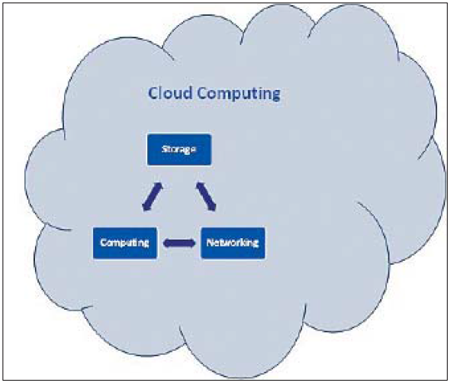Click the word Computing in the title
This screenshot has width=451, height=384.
[239, 94]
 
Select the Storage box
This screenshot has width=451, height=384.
[179, 149]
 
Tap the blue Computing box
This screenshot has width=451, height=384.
[125, 243]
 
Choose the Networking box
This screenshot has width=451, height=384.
[233, 243]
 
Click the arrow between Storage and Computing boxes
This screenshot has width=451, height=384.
[153, 197]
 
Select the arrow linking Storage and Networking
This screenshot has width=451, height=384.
[206, 197]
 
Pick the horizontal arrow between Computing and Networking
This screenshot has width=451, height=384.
[179, 243]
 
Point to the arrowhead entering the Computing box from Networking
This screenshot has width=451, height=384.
[166, 243]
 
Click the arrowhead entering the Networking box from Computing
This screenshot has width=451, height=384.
[192, 243]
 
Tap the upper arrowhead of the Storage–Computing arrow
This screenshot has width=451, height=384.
[159, 187]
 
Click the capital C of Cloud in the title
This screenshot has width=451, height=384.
[152, 93]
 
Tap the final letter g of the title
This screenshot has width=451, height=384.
[276, 96]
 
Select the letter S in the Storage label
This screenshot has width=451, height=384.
[164, 149]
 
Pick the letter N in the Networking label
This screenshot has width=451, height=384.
[210, 242]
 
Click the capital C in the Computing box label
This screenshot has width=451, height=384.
[103, 242]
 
